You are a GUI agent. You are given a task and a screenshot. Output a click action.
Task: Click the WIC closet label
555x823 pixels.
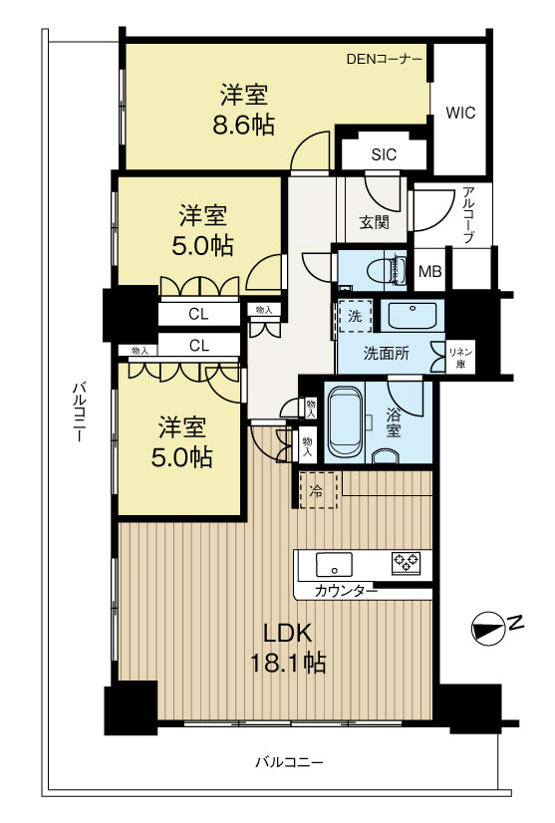pos(460,113)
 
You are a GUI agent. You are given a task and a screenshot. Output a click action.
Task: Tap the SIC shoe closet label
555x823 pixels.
pos(384,154)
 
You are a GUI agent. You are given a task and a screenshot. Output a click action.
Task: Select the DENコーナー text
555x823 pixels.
pos(385,59)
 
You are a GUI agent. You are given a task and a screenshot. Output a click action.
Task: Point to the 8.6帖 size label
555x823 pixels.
pos(244,126)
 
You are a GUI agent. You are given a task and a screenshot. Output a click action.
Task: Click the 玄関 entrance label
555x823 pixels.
pos(375,222)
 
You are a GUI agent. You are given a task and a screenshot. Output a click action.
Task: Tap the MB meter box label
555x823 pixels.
pos(430,272)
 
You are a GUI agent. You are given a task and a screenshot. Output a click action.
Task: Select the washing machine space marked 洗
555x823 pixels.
pos(355,316)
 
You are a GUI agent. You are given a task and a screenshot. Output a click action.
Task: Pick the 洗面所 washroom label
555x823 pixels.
pos(386,354)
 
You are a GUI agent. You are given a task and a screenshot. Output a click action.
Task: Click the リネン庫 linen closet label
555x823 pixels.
pos(460,358)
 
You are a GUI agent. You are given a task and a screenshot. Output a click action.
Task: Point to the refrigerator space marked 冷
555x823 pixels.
pos(318,489)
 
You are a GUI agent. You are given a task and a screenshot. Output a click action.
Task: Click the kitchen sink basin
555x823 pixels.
pos(334,565)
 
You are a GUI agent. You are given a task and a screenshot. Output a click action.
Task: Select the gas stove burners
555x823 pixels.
pos(406,563)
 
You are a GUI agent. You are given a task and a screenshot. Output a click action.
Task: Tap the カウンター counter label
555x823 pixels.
pos(346,592)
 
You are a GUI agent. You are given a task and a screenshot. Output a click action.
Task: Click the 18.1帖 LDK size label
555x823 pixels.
pos(288,664)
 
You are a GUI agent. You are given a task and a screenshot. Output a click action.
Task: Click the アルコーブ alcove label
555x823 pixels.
pos(469,215)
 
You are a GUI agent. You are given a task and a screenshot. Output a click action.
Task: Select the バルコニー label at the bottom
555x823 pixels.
pos(290,762)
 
